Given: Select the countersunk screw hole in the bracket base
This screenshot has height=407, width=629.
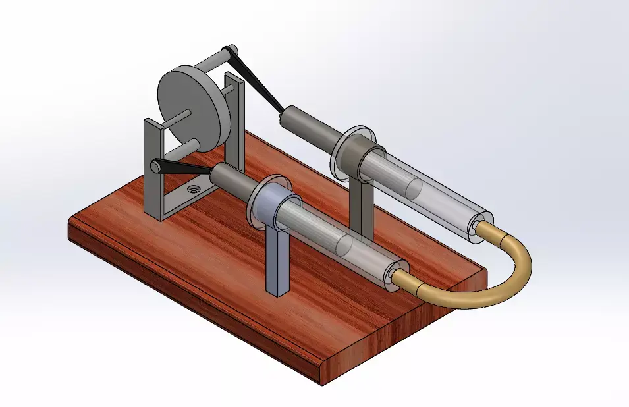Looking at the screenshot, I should (x=193, y=189).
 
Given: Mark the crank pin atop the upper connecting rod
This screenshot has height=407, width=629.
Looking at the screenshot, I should (x=230, y=51).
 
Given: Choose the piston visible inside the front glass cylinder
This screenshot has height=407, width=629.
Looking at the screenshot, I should (x=342, y=244).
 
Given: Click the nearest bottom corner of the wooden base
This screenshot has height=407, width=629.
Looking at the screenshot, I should (x=321, y=384).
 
